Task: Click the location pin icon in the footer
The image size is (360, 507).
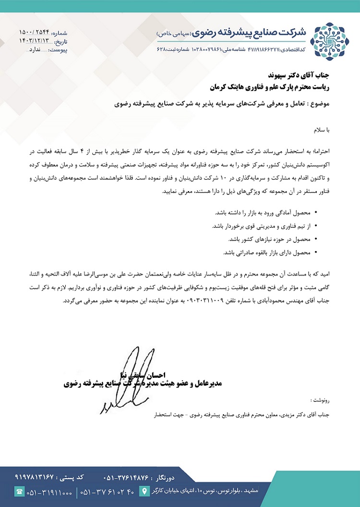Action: coord(143,491)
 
